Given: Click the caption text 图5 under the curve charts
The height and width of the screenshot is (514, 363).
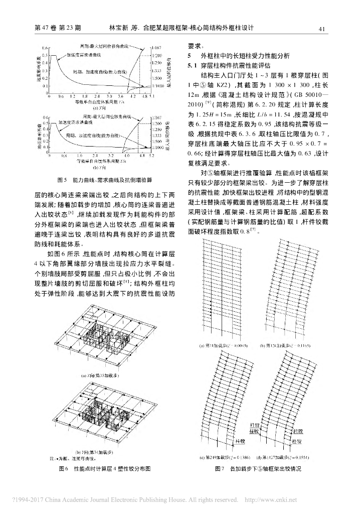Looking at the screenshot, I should tap(62, 179).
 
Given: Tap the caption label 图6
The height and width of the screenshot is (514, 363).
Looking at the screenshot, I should tap(62, 468).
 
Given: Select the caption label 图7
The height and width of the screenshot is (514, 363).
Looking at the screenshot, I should tap(219, 468).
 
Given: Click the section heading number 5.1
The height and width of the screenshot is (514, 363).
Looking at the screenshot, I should tap(191, 65).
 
